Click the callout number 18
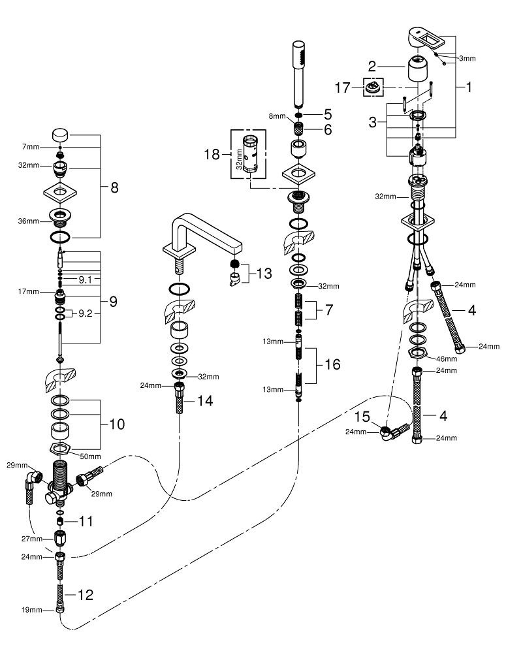tap(212, 155)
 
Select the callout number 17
tap(343, 88)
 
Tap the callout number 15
tap(362, 416)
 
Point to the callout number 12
tap(86, 595)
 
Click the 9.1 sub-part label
tap(86, 280)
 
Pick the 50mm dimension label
tap(90, 456)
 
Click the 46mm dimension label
tap(446, 358)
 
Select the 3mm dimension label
tap(467, 58)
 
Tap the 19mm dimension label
tap(31, 610)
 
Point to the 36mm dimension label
tap(28, 221)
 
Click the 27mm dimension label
tap(31, 539)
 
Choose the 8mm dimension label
tap(277, 116)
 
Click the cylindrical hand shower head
tap(298, 74)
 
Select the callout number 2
tap(372, 66)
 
